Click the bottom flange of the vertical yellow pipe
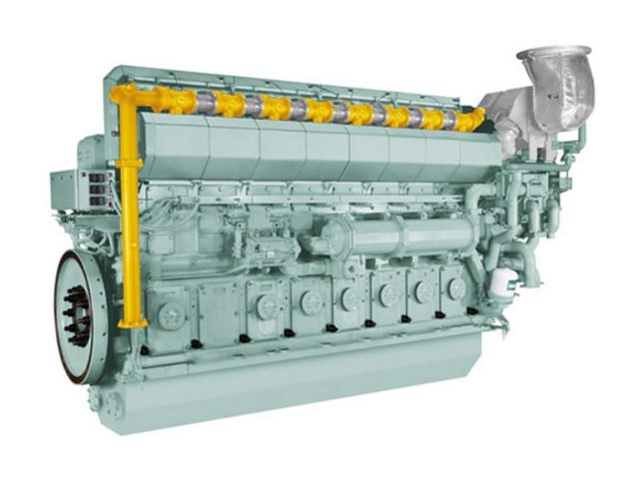(129, 322)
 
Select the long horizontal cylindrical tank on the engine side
(399, 236)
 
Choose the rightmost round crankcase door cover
(457, 288)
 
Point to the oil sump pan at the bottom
(300, 384)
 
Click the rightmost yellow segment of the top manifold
(468, 120)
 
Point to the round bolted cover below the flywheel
(112, 403)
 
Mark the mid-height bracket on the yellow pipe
(128, 163)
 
